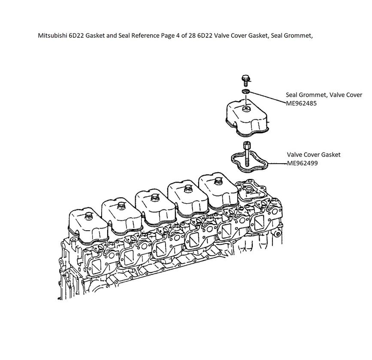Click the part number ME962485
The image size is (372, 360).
tap(301, 104)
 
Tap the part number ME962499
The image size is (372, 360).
tap(302, 163)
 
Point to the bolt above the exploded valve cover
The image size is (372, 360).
tap(245, 81)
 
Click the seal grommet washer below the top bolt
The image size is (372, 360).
tap(245, 92)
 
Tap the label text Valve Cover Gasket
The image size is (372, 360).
tap(314, 155)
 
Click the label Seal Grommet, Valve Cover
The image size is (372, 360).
tap(324, 95)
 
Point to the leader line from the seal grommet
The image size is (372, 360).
tap(267, 97)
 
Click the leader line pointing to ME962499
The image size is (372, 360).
tap(278, 164)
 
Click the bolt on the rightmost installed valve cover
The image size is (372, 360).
tap(218, 181)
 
